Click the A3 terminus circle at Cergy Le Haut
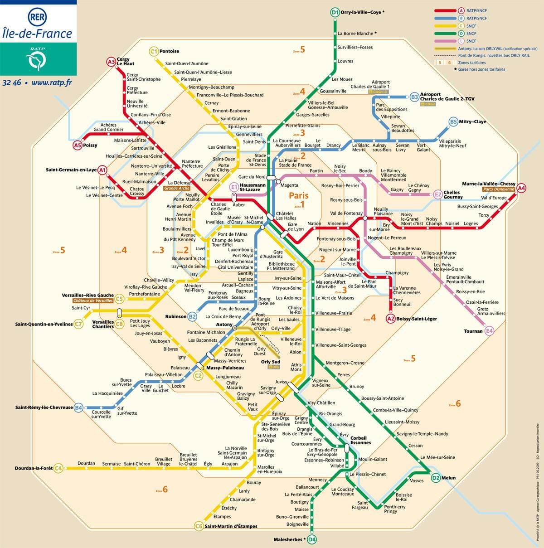[111, 62]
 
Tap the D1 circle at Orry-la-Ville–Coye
[335, 13]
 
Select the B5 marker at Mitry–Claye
[453, 121]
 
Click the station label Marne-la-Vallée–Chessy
[489, 184]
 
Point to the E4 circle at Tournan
[489, 331]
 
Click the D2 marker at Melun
[436, 478]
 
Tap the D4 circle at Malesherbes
[311, 539]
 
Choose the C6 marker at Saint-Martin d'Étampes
[199, 526]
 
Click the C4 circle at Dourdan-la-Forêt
[58, 468]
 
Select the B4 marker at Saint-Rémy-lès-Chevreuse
[79, 407]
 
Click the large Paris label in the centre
[299, 195]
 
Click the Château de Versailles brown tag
[93, 301]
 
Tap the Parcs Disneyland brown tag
[499, 189]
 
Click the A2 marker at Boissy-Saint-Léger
[391, 319]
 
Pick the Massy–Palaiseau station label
[225, 368]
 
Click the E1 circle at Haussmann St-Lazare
[234, 187]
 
